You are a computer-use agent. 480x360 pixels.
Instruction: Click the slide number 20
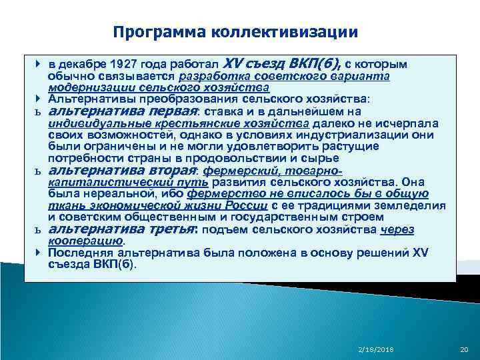[x=464, y=349]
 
